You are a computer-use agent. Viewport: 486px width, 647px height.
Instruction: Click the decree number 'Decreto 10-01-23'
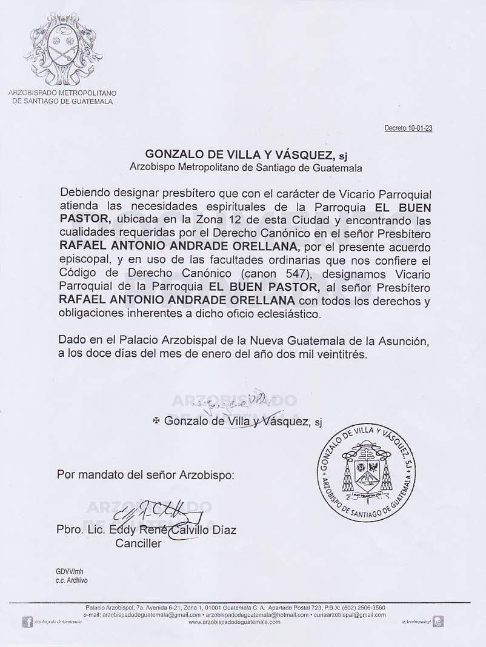point(408,128)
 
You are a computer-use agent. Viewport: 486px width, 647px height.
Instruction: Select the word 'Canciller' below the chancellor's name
point(139,543)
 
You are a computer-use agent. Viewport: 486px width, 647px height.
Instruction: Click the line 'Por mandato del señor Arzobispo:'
point(145,474)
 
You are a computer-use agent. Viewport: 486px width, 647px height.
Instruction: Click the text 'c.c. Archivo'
point(72,580)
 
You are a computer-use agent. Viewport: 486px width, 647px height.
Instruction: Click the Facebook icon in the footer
point(28,621)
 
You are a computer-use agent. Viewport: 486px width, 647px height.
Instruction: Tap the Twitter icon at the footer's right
point(438,621)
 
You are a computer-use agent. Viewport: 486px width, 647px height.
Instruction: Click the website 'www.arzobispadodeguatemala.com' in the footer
point(235,622)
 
